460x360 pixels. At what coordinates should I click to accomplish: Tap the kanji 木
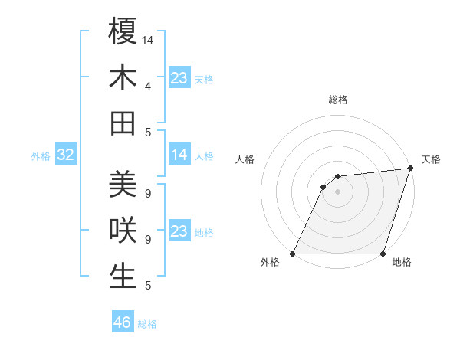click(123, 77)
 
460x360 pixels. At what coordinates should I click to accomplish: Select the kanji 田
click(123, 123)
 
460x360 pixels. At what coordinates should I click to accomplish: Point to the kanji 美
click(123, 184)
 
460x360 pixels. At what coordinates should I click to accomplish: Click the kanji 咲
click(123, 230)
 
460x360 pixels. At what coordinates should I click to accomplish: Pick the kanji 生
click(123, 276)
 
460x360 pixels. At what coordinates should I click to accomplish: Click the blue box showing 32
click(65, 155)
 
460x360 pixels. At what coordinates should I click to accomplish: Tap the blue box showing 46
click(123, 322)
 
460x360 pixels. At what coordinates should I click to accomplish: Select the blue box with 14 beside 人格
click(179, 155)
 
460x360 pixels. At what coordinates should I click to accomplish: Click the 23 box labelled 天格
click(179, 78)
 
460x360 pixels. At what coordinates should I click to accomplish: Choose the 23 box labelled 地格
click(179, 231)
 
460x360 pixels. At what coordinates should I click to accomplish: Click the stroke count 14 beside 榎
click(148, 39)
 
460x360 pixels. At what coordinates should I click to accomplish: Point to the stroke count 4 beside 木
click(148, 86)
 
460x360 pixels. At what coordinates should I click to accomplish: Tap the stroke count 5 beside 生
click(148, 286)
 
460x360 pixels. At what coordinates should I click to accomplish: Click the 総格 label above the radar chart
click(337, 100)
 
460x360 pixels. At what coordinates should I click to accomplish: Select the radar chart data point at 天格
click(410, 169)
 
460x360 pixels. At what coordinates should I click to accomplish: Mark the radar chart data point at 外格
click(293, 254)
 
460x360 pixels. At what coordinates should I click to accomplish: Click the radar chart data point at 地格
click(383, 254)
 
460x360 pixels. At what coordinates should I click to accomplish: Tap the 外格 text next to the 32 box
click(41, 156)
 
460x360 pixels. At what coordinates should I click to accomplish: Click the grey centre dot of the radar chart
click(337, 192)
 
